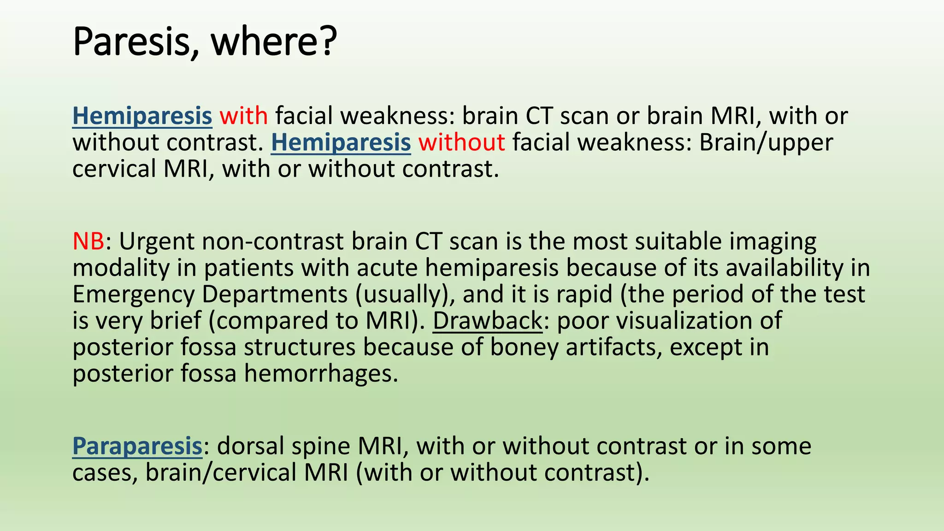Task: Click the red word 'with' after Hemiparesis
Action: click(243, 116)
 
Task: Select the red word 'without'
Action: click(461, 142)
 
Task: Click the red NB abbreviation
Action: click(88, 242)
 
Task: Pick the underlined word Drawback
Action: click(488, 321)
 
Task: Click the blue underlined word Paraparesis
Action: click(137, 447)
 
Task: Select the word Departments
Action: click(275, 295)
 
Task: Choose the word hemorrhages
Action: click(321, 373)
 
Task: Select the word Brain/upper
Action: click(766, 142)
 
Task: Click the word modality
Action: click(121, 268)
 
